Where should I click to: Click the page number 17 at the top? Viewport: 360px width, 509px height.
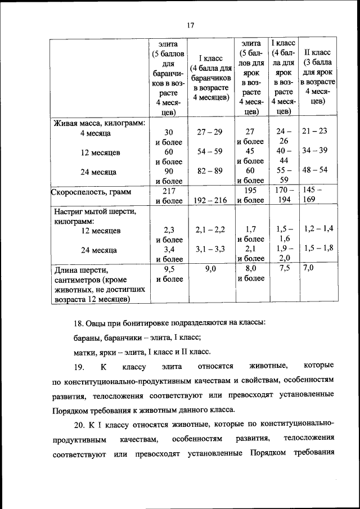click(x=190, y=25)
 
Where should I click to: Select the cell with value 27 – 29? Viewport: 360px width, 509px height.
click(x=210, y=132)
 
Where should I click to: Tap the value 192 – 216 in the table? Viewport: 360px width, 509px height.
click(x=210, y=200)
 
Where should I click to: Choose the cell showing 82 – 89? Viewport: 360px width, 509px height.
click(x=210, y=170)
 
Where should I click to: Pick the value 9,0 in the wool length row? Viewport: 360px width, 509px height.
click(x=210, y=268)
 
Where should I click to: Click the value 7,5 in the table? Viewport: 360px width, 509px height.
click(x=284, y=268)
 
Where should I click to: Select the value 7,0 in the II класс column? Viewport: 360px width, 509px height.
click(x=309, y=268)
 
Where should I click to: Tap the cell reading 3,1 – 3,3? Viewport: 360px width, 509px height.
click(x=210, y=249)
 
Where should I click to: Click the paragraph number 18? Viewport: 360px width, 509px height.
click(x=79, y=323)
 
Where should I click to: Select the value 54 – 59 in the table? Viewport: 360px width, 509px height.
click(x=210, y=151)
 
